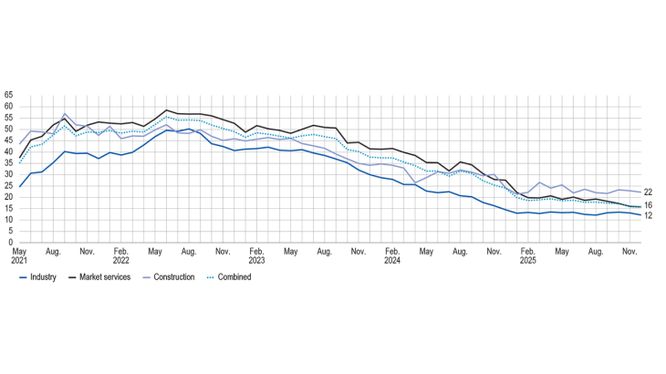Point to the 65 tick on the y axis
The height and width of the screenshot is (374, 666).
pyautogui.click(x=8, y=95)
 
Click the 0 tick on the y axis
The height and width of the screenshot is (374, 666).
pyautogui.click(x=10, y=243)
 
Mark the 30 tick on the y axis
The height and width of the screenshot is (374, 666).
pyautogui.click(x=8, y=174)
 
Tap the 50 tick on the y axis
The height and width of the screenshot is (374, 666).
pyautogui.click(x=8, y=129)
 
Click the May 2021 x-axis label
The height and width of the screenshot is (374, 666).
pyautogui.click(x=20, y=255)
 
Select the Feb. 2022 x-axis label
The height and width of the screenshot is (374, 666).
pyautogui.click(x=120, y=255)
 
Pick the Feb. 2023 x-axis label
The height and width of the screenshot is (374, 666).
pyautogui.click(x=256, y=255)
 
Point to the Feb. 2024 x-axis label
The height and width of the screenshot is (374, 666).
pyautogui.click(x=391, y=255)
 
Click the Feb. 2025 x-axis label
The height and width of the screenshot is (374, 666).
pyautogui.click(x=527, y=255)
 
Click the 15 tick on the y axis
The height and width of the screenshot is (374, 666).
pyautogui.click(x=8, y=209)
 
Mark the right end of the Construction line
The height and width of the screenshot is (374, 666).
pyautogui.click(x=640, y=192)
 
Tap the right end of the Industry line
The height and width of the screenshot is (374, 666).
pyautogui.click(x=640, y=215)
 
